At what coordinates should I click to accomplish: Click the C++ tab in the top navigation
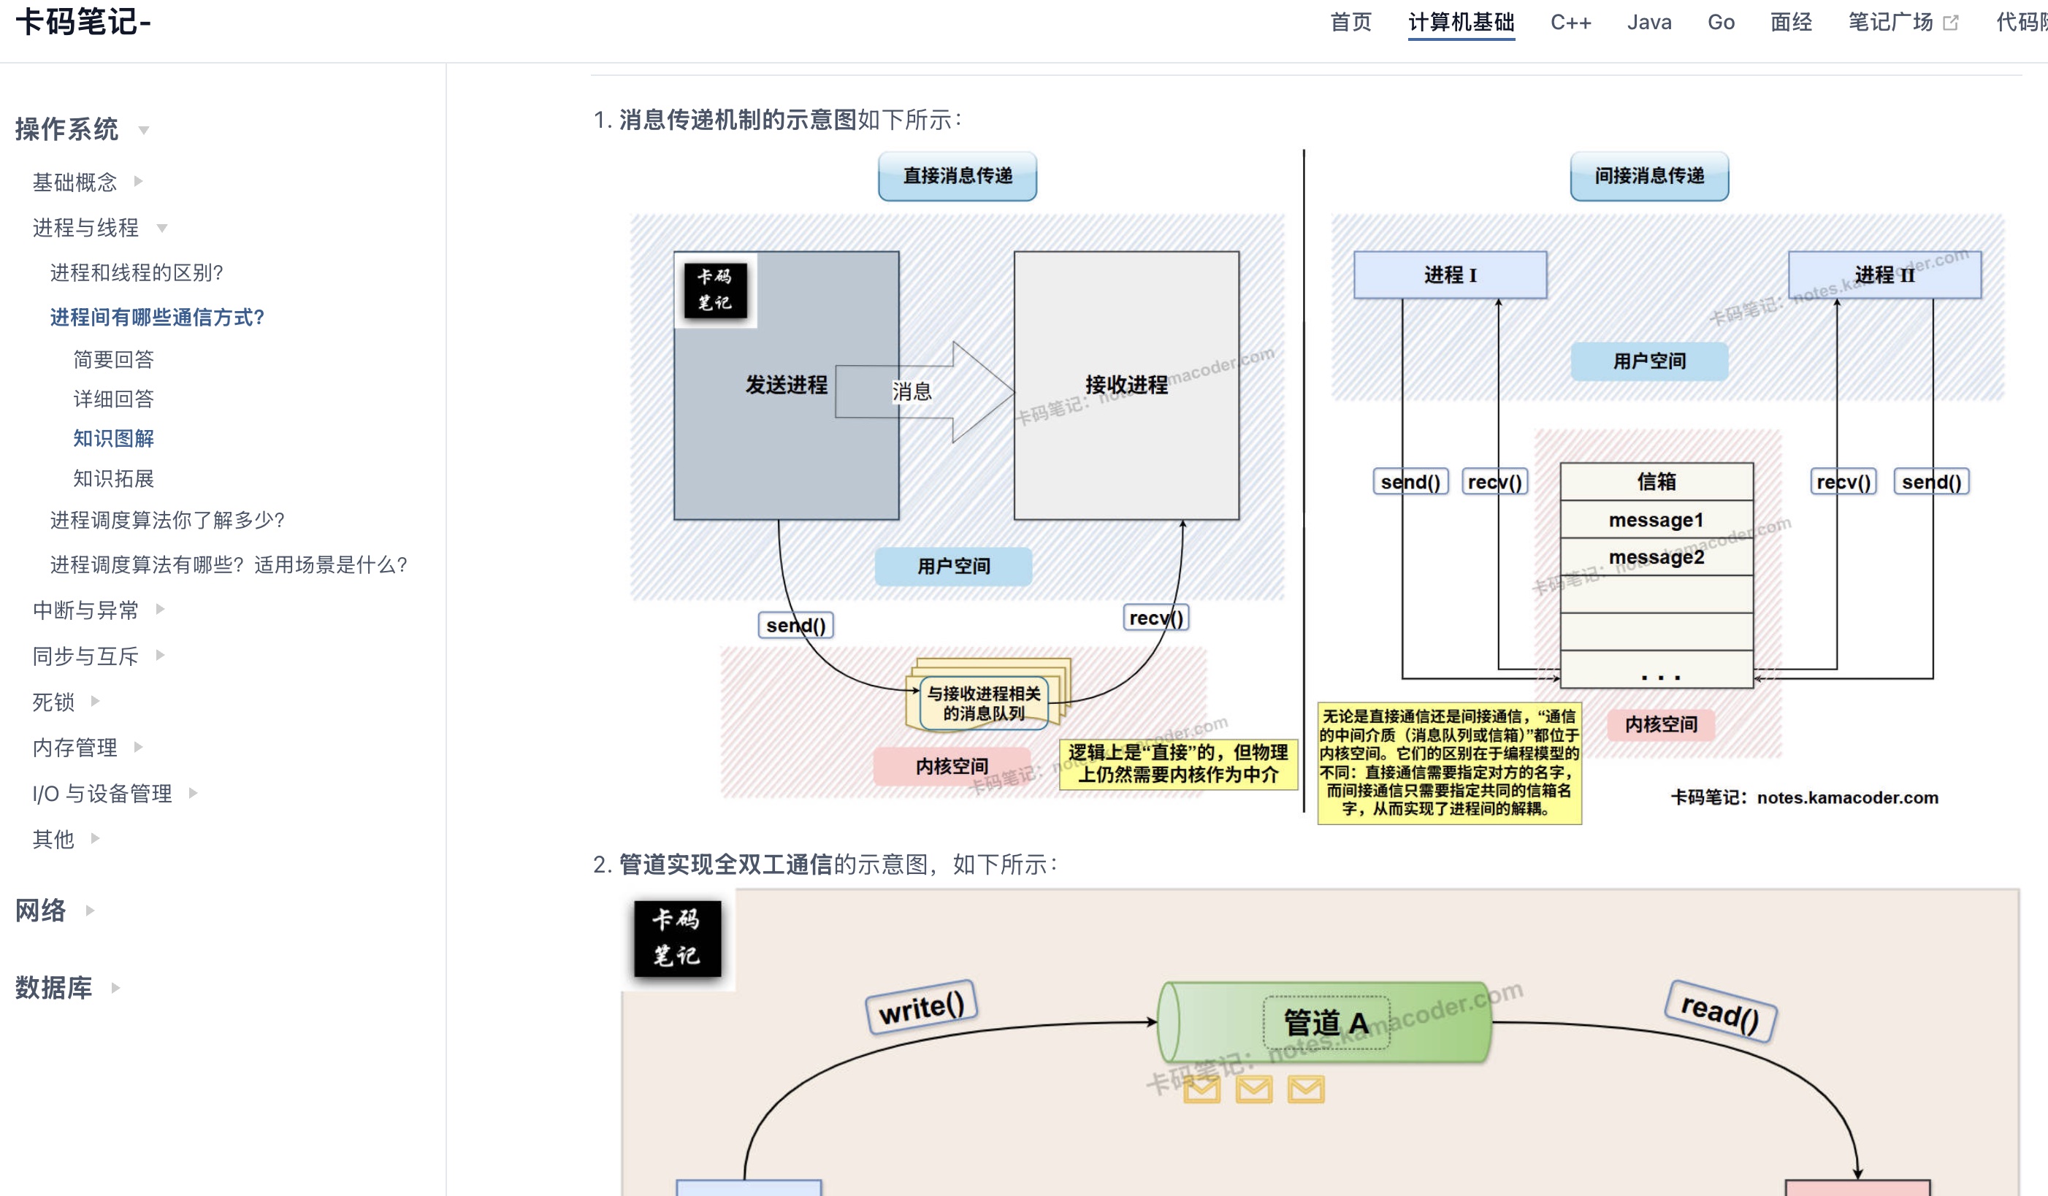pos(1570,22)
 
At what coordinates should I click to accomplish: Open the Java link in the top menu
pos(1649,22)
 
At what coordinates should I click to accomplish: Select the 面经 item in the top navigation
pos(1791,22)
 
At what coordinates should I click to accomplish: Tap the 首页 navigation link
pos(1350,22)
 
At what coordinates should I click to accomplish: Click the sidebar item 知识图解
pos(113,439)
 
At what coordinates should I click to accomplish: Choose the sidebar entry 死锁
pos(53,702)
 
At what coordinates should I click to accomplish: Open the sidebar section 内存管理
pos(74,748)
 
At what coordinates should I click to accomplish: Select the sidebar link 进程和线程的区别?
pos(137,272)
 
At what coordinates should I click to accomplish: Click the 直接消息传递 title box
pos(958,175)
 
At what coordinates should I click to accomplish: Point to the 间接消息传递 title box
pos(1649,175)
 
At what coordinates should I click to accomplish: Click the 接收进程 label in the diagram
pos(1126,385)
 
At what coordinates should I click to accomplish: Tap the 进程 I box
pos(1450,275)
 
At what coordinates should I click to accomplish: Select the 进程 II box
pos(1884,275)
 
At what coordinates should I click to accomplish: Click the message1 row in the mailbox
pos(1657,520)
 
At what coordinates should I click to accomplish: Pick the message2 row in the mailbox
pos(1657,557)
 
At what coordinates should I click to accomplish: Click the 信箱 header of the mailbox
pos(1657,482)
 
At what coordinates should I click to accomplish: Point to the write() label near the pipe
pos(922,1008)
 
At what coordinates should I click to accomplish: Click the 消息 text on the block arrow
pos(912,391)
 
